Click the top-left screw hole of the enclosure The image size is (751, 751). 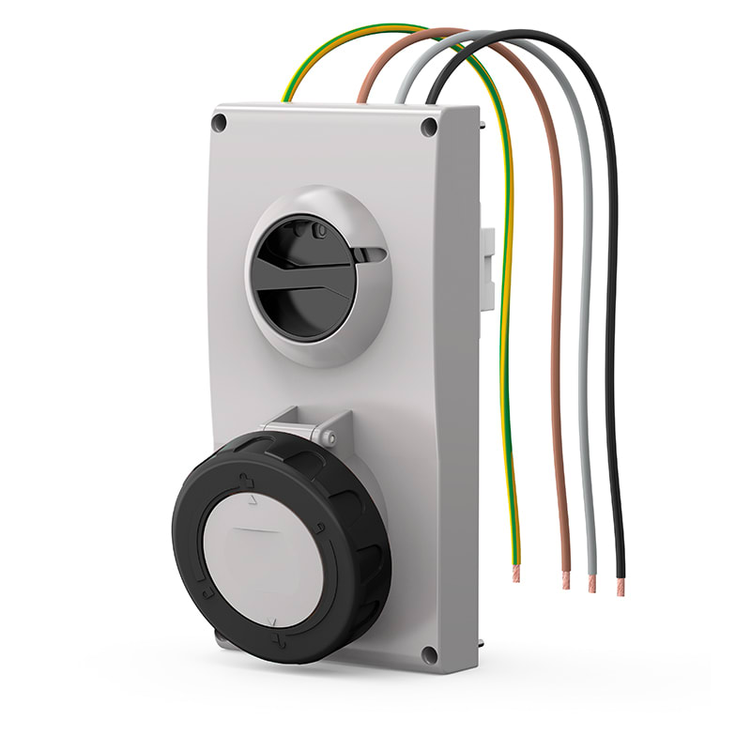click(220, 122)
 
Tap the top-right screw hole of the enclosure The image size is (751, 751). click(429, 126)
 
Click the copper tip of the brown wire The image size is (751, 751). click(565, 580)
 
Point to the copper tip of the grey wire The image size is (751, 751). click(592, 583)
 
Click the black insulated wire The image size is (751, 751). click(610, 282)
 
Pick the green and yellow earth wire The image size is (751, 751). click(508, 282)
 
